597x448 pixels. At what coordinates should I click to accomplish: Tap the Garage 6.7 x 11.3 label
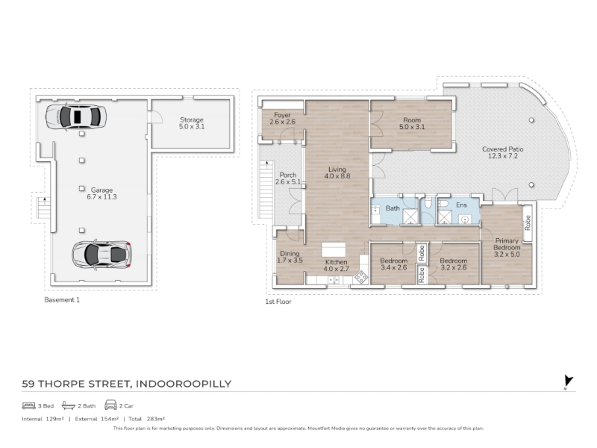101,193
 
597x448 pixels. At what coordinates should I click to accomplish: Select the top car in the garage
76,116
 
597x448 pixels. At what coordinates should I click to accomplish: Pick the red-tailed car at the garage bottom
101,255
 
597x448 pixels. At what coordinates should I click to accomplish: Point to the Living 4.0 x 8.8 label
337,172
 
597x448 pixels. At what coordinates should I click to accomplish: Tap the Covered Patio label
502,152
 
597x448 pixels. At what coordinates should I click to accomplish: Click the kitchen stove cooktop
361,277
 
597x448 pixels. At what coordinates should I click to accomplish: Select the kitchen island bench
334,249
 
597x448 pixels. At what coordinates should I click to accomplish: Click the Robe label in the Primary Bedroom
528,223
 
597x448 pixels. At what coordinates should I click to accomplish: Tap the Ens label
461,205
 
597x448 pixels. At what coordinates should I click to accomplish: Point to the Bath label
393,208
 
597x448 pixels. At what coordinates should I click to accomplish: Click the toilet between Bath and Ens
428,204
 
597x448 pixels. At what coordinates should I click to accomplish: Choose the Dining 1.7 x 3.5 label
290,257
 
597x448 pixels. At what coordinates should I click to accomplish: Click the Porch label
288,178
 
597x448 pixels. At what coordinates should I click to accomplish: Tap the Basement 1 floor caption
62,300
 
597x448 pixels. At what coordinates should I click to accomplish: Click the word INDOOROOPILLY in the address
184,384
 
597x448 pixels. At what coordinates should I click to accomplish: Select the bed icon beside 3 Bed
28,405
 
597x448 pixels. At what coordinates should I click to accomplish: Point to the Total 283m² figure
146,419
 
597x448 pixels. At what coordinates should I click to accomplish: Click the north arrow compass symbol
569,382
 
